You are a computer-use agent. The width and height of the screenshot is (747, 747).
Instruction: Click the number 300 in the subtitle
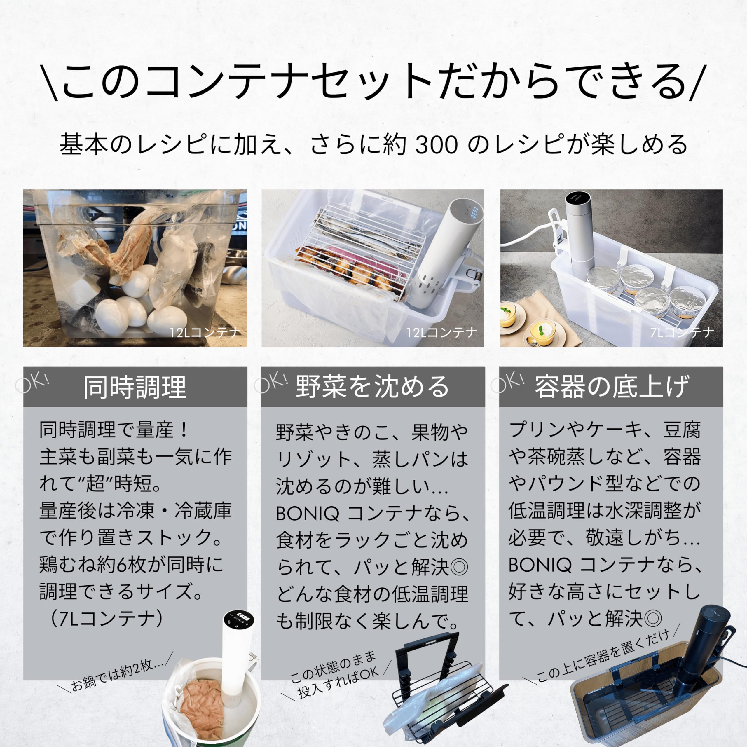[x=437, y=145]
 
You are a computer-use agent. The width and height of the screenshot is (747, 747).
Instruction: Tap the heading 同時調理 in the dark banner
[x=135, y=387]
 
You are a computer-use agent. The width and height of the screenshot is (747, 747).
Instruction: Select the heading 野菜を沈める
[x=372, y=387]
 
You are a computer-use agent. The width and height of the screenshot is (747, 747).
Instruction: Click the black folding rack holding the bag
[x=445, y=692]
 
